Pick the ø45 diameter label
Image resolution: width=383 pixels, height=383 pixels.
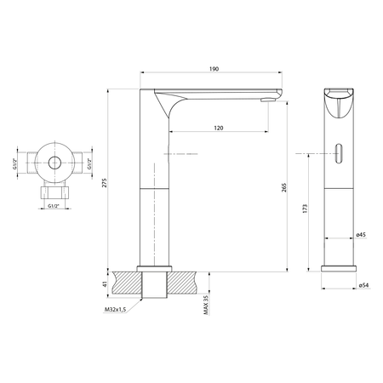361,234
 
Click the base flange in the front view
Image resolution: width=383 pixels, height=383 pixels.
340,269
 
